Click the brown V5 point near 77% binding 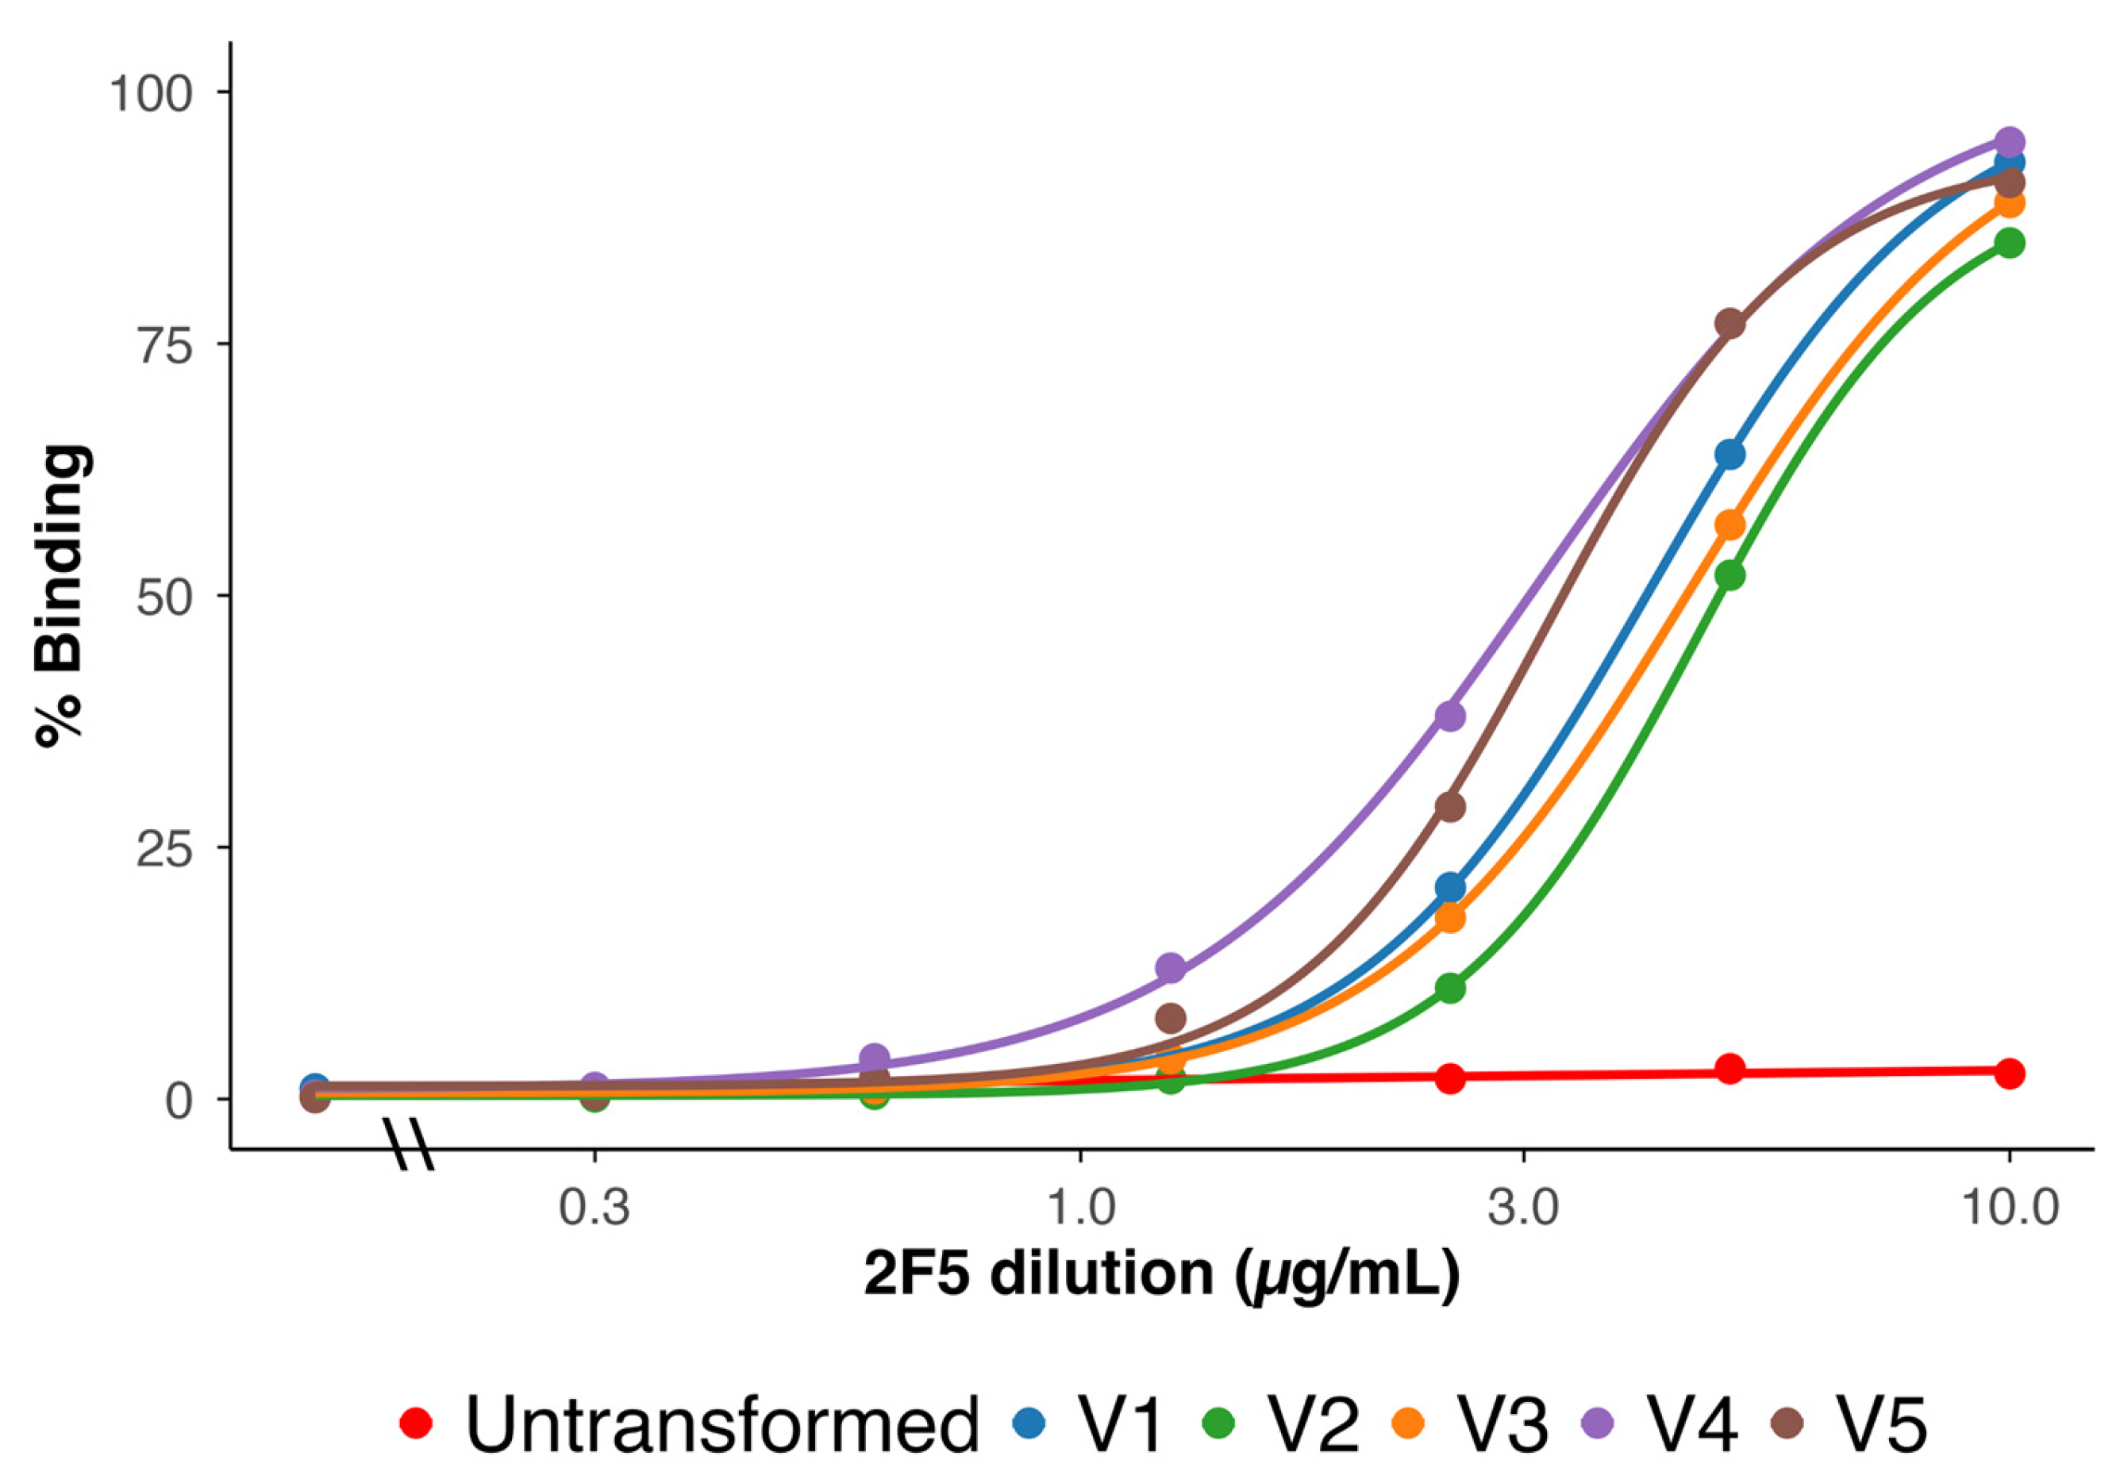click(x=1729, y=324)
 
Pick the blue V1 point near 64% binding click(x=1729, y=454)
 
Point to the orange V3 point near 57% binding click(x=1729, y=525)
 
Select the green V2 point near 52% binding click(x=1729, y=575)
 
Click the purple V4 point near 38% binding click(x=1451, y=716)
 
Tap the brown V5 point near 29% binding click(x=1451, y=807)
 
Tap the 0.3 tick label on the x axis click(x=594, y=1208)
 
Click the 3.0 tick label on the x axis click(x=1522, y=1208)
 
